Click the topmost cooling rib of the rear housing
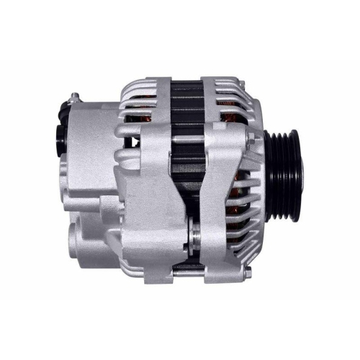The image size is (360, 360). [x=148, y=85]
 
